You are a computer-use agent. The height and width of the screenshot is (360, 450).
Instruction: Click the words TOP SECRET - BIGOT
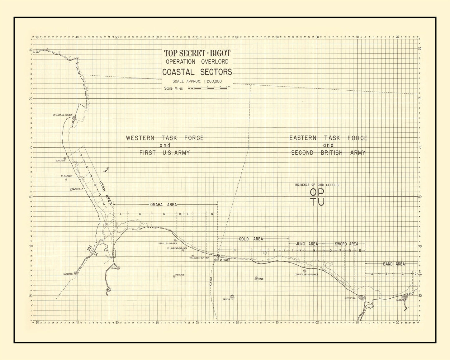coord(197,53)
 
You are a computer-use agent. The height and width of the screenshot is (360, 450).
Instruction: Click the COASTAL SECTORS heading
coord(197,72)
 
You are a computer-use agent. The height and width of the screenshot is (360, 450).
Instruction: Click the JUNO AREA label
coord(307,244)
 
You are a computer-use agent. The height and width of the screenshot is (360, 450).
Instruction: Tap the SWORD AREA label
coord(346,244)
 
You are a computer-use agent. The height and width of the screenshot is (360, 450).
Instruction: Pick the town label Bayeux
coord(226,299)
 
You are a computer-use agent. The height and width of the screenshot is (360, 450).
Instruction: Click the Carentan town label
coord(68,274)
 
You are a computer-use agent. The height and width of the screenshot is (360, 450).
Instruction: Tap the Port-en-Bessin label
coord(222,260)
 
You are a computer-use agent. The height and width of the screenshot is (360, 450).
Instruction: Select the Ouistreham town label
coord(350,298)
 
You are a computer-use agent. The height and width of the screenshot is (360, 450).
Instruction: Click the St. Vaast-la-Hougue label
coord(62,115)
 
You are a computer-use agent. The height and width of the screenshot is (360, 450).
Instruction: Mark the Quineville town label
coord(60,161)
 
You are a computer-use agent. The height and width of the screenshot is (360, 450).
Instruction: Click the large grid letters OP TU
coord(317,197)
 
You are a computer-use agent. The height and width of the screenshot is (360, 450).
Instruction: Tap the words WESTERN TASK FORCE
coord(165,138)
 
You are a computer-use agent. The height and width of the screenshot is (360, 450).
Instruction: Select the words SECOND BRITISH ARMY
coord(328,153)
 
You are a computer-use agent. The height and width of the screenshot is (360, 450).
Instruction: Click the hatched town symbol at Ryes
coord(256,278)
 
